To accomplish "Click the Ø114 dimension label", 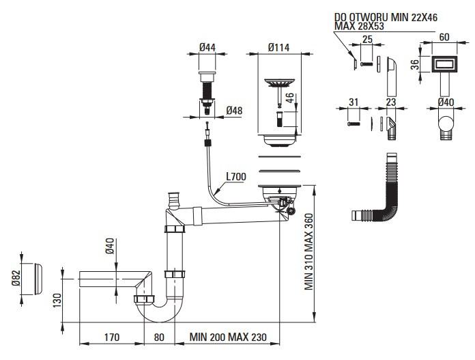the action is coord(278,47).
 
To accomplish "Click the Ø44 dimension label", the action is coord(207,47).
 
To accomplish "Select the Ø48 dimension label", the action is coord(234,111).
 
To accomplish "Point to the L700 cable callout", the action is coord(236,176).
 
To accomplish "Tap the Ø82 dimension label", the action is coord(16,278).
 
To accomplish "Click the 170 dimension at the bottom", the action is coord(112,337).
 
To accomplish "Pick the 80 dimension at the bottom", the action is coord(159,337).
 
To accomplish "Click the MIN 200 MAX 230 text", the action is coord(228,337).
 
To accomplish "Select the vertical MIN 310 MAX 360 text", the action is coord(308,252).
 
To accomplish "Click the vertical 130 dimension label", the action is coord(57,301).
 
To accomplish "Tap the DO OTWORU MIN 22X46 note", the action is coord(386,17).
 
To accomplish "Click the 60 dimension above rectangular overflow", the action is coord(444,37).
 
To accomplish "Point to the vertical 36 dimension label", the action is coord(415,64).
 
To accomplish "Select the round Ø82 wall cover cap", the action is coord(38,279).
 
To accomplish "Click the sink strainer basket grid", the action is coord(279,82).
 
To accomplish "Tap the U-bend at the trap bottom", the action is coord(159,311).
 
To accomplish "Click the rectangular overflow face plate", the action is coord(444,64).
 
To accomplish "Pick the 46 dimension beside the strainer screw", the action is coord(290,98).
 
